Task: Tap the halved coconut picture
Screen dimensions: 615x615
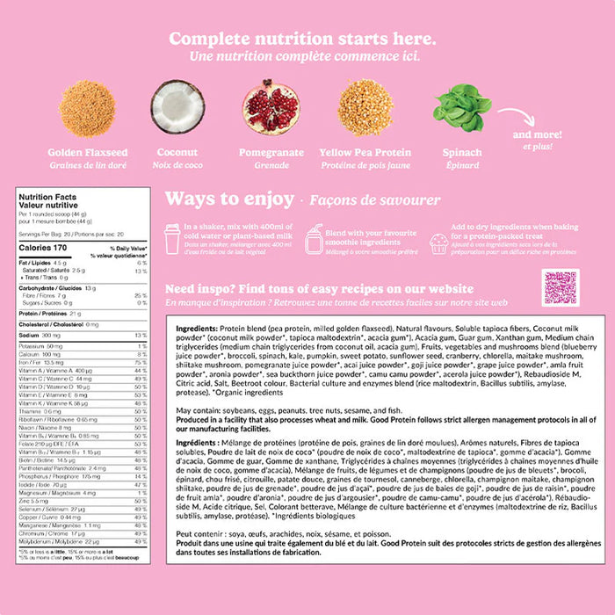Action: click(x=177, y=107)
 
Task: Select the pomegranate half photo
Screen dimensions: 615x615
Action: click(x=269, y=107)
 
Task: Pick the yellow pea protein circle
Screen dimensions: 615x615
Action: click(x=365, y=107)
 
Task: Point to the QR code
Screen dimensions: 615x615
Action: click(x=560, y=287)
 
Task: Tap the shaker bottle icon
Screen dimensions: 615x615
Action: click(x=173, y=238)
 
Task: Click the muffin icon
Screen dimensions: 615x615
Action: click(x=438, y=243)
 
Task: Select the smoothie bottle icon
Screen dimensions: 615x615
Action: click(x=313, y=238)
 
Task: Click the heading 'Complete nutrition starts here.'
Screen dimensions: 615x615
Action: click(x=302, y=39)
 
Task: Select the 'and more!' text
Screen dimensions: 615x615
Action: click(x=535, y=135)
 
